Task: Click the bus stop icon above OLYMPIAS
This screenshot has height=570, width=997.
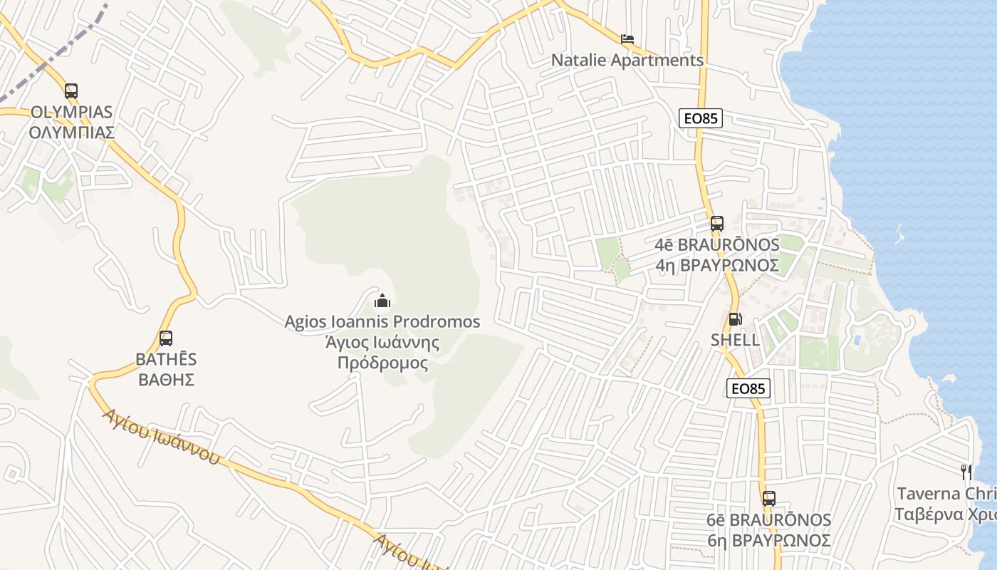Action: point(71,91)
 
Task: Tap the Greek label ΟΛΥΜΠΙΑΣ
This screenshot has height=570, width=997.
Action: point(71,133)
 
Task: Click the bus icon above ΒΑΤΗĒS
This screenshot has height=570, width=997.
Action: point(166,338)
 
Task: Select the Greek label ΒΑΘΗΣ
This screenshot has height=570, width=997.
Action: point(167,379)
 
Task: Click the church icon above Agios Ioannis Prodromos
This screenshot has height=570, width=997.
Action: point(382,301)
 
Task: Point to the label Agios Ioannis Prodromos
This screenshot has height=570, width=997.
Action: point(382,322)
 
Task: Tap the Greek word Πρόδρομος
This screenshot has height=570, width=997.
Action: point(382,363)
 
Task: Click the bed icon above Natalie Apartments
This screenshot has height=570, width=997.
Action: point(627,39)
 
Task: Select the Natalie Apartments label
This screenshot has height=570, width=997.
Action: point(627,61)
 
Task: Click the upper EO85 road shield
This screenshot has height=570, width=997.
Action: point(701,118)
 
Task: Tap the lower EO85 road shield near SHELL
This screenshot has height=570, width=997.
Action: point(748,388)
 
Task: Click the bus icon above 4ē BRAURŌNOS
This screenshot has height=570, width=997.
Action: point(717,224)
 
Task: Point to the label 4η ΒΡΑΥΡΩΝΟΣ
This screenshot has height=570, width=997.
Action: point(717,266)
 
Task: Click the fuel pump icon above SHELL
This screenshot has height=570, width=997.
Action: point(735,319)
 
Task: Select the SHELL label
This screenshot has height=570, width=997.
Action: point(735,341)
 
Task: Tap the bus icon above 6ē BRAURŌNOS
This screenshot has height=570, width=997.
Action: point(769,499)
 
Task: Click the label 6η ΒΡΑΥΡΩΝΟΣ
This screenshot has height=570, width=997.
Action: point(769,540)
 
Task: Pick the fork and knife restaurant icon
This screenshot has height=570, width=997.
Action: point(966,472)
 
